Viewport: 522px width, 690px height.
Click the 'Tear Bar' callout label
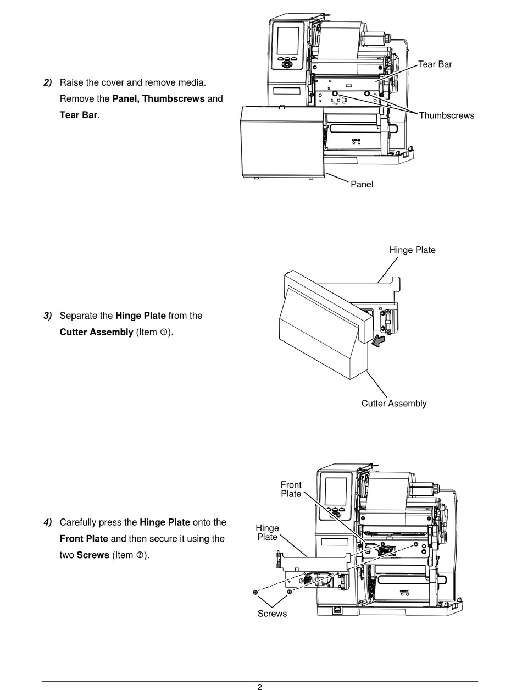435,64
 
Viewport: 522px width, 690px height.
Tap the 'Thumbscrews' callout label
446,115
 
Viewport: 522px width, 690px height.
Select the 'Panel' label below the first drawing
362,184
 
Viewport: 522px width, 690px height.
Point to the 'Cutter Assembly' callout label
394,404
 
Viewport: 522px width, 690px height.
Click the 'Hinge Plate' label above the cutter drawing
413,250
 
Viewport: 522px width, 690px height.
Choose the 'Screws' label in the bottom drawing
272,613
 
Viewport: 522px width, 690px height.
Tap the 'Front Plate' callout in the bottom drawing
291,489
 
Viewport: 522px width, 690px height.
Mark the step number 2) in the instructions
47,82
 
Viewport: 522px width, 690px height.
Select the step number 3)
47,316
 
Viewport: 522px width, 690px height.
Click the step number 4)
47,522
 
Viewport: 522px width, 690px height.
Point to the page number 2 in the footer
260,687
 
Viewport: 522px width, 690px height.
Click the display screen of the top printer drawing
288,41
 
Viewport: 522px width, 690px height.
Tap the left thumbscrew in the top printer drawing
335,93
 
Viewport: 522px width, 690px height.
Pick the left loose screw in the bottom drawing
255,592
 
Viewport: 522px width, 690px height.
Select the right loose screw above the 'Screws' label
289,592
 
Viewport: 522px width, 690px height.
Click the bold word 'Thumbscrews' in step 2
174,99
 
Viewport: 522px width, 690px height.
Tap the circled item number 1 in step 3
164,332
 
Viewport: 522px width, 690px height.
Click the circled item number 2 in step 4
140,555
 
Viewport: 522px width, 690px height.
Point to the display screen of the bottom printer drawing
335,492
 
